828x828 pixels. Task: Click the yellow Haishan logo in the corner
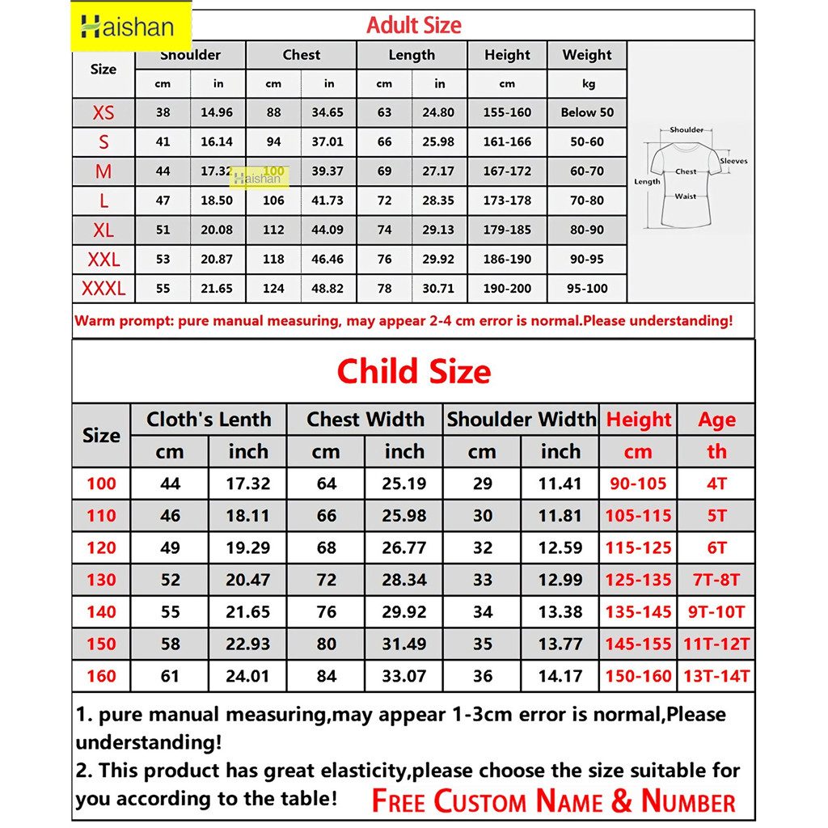tap(129, 27)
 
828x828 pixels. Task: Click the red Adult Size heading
tap(413, 25)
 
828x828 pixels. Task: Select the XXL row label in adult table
tap(103, 260)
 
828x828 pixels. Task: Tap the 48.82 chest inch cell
tap(327, 289)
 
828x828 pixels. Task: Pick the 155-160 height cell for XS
tap(507, 112)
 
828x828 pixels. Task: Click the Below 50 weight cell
tap(587, 112)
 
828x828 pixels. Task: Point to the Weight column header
tap(587, 55)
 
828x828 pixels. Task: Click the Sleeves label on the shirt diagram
tap(733, 161)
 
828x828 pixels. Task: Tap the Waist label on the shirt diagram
tap(685, 196)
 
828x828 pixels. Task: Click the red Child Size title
tap(413, 371)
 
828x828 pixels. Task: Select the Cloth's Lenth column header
tap(209, 420)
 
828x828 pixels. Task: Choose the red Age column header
tap(717, 420)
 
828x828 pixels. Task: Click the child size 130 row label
tap(101, 580)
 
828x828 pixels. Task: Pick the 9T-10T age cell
tap(717, 612)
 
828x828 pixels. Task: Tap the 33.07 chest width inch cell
tap(403, 676)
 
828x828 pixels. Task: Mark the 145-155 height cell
tap(638, 644)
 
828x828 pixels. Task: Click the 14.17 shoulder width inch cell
tap(560, 676)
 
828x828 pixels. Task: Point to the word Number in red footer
tap(688, 801)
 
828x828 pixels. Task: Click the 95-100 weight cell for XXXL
tap(587, 289)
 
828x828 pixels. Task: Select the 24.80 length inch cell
tap(438, 112)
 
